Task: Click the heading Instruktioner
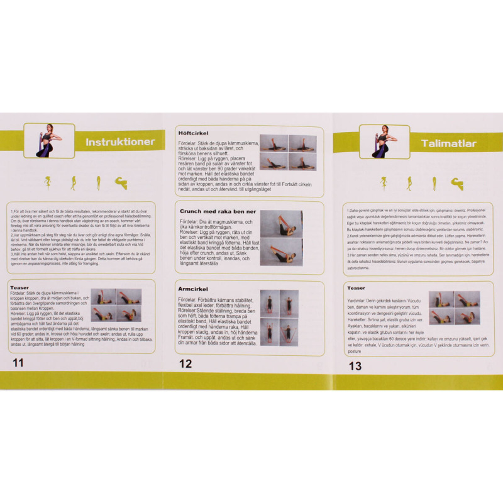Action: tap(119, 141)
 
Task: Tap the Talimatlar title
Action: tap(448, 143)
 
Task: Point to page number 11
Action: tap(18, 363)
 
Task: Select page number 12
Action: tap(185, 363)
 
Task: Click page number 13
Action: tap(355, 365)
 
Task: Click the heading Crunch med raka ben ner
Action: tap(218, 211)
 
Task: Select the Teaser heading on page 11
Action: tap(20, 287)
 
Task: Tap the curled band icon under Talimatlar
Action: tap(456, 183)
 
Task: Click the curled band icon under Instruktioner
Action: tap(120, 183)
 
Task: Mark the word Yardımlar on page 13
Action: tap(358, 300)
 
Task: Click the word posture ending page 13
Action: tap(356, 351)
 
